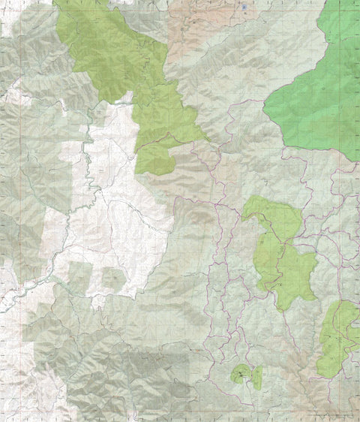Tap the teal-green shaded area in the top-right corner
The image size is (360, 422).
tap(319, 98)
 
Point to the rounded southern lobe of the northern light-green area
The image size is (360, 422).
tap(154, 159)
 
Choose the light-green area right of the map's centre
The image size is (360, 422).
tap(283, 259)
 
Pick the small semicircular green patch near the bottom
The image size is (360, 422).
tap(241, 373)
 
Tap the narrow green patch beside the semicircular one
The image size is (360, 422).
tap(256, 378)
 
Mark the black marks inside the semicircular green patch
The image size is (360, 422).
tap(241, 372)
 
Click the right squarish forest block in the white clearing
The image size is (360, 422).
tap(113, 279)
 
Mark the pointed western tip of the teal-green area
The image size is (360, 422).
tap(265, 111)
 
